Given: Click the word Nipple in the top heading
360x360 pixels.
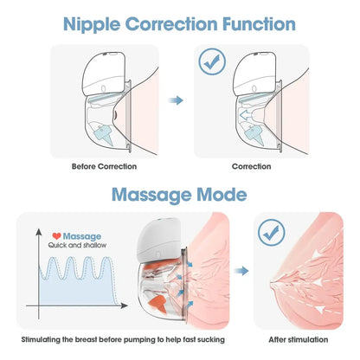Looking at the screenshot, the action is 92,24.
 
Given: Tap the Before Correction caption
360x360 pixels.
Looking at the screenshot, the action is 104,166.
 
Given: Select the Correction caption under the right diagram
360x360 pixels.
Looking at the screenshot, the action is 251,166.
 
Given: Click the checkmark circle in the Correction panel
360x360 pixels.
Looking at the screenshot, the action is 212,61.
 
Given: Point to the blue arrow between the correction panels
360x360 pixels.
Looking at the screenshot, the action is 176,100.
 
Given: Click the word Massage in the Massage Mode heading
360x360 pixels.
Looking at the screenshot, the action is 151,195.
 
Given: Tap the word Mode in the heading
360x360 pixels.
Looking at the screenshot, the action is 222,195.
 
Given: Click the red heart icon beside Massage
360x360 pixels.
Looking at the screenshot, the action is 56,236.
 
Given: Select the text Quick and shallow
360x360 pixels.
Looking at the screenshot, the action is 77,245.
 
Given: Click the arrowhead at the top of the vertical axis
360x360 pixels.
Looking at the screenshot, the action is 39,232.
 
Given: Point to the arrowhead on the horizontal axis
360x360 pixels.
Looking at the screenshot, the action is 124,305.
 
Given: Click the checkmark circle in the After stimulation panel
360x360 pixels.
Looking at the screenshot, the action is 272,233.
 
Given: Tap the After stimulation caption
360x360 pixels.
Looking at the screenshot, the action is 299,339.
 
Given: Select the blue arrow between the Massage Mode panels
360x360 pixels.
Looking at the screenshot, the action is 241,271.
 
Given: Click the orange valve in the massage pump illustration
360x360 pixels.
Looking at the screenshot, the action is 157,303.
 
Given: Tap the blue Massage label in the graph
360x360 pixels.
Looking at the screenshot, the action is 82,236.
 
